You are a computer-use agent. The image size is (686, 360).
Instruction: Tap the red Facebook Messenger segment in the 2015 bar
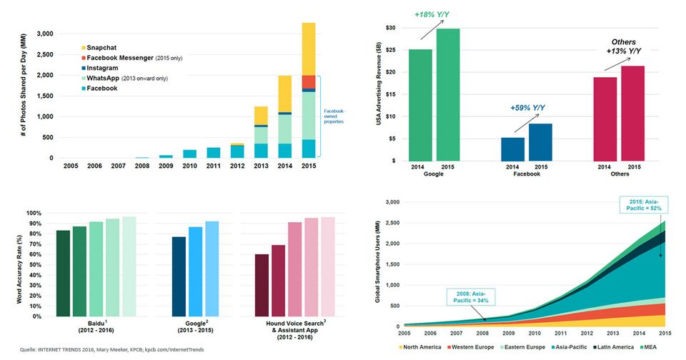coord(309,81)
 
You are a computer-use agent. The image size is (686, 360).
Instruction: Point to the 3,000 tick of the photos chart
coord(44,34)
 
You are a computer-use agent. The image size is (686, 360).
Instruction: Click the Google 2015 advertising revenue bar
coord(448,94)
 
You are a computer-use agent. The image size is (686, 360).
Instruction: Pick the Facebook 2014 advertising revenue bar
coord(512,149)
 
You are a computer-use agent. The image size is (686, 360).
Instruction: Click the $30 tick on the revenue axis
coord(391,28)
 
